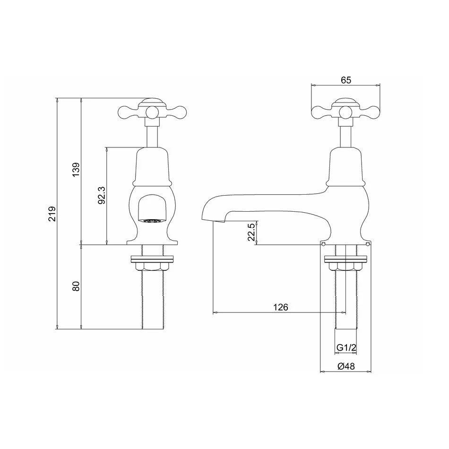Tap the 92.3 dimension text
(x=101, y=195)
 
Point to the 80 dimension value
(x=76, y=286)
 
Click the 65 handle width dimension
(x=345, y=80)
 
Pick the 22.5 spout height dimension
(x=252, y=233)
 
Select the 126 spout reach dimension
(x=281, y=307)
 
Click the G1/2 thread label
(x=346, y=348)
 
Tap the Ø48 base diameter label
(x=345, y=366)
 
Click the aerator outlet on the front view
(x=152, y=220)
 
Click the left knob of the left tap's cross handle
(x=124, y=112)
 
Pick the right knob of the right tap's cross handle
(x=373, y=112)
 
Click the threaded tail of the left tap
(x=152, y=302)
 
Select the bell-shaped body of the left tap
(x=152, y=165)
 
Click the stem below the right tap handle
(x=345, y=135)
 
